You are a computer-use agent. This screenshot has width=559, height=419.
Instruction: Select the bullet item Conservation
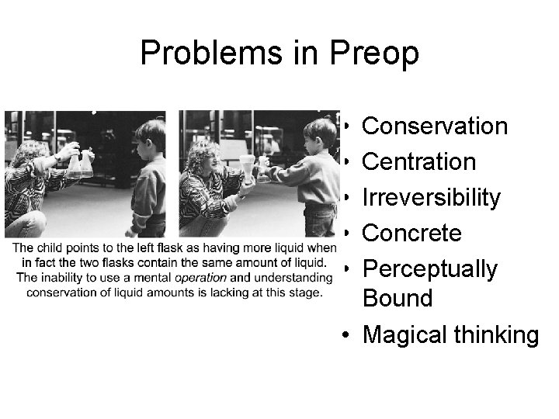(x=435, y=126)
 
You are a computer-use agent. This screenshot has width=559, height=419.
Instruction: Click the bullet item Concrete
(x=412, y=233)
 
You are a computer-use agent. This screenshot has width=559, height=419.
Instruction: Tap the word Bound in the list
(x=398, y=298)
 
